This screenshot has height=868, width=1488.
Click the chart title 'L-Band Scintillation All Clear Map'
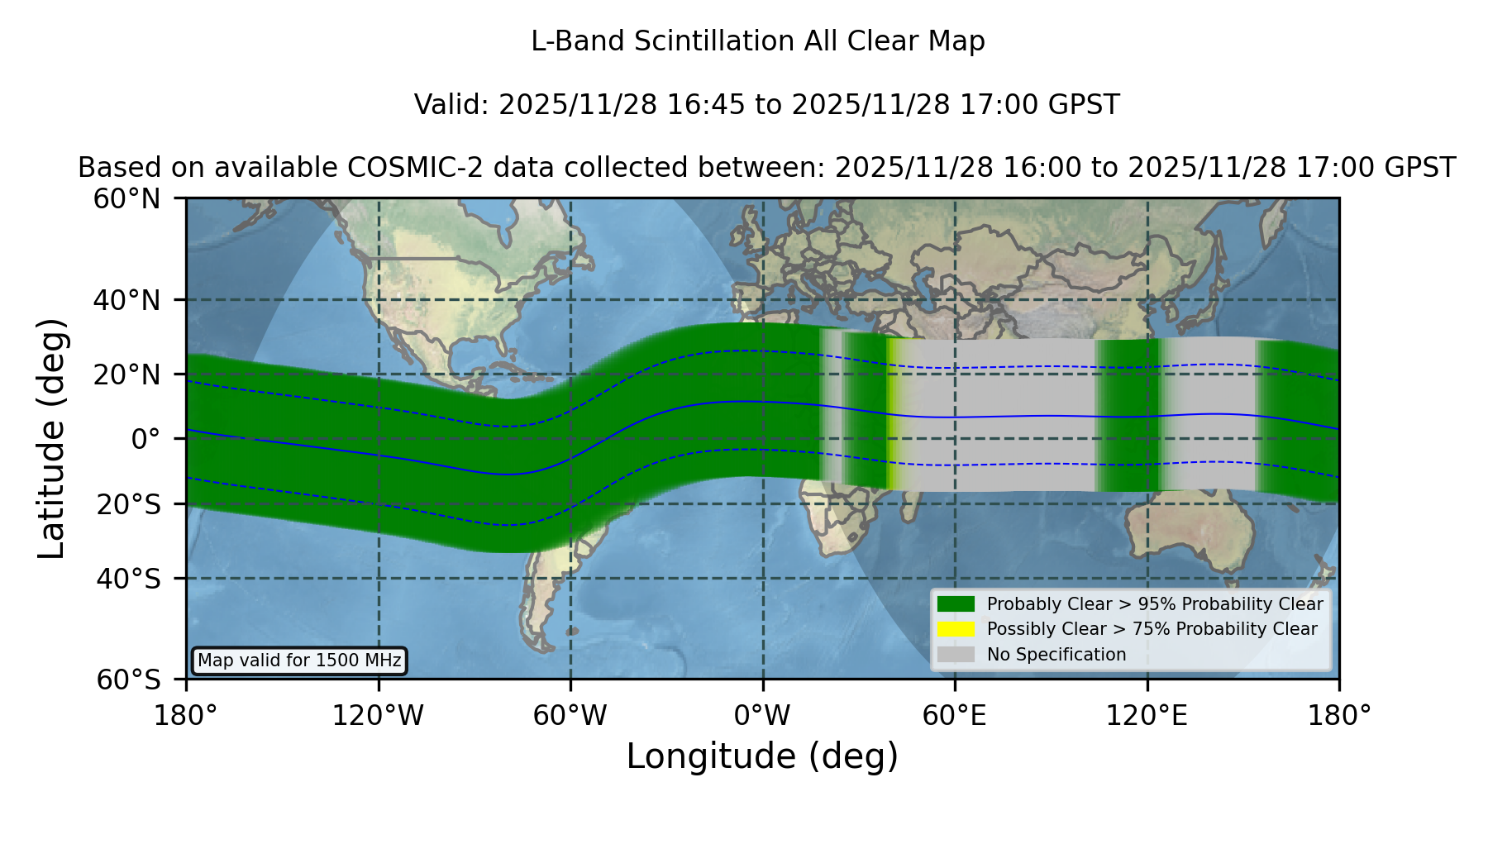pyautogui.click(x=757, y=41)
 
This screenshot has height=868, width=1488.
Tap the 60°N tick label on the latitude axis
pyautogui.click(x=127, y=198)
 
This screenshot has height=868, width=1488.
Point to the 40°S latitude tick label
pyautogui.click(x=128, y=579)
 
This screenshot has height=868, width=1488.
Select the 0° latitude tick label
pyautogui.click(x=145, y=439)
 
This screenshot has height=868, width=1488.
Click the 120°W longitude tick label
pyautogui.click(x=378, y=715)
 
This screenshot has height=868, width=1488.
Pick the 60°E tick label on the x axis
pyautogui.click(x=955, y=715)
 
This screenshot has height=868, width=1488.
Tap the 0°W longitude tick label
pyautogui.click(x=762, y=715)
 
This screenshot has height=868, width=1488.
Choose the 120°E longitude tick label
pyautogui.click(x=1147, y=715)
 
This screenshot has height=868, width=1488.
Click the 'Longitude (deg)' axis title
pyautogui.click(x=762, y=756)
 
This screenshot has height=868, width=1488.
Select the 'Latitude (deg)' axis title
pyautogui.click(x=52, y=438)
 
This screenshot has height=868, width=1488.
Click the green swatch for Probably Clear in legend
pyautogui.click(x=956, y=603)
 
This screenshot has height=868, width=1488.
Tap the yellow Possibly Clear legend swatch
pyautogui.click(x=956, y=629)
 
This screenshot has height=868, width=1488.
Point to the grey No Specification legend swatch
pyautogui.click(x=956, y=655)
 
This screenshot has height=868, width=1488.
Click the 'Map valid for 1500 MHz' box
pyautogui.click(x=299, y=661)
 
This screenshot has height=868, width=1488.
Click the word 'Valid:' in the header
pyautogui.click(x=452, y=105)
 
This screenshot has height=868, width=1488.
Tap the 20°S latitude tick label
pyautogui.click(x=128, y=504)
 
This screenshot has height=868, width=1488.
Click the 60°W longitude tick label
pyautogui.click(x=570, y=715)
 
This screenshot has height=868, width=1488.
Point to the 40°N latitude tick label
pyautogui.click(x=127, y=300)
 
